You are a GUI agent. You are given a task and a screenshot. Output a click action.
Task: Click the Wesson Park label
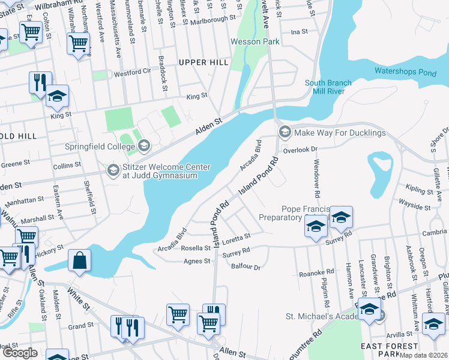pyautogui.click(x=255, y=42)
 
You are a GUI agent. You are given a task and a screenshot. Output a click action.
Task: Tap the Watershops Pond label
pyautogui.click(x=405, y=71)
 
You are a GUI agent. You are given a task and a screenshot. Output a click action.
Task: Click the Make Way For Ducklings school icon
pyautogui.click(x=285, y=132)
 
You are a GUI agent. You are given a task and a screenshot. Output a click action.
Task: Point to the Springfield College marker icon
pyautogui.click(x=144, y=146)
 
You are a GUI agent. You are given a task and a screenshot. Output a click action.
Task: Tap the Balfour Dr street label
pyautogui.click(x=246, y=267)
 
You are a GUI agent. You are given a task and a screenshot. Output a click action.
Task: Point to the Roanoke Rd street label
pyautogui.click(x=316, y=273)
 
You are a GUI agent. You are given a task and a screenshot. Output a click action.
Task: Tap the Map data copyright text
pyautogui.click(x=424, y=355)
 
